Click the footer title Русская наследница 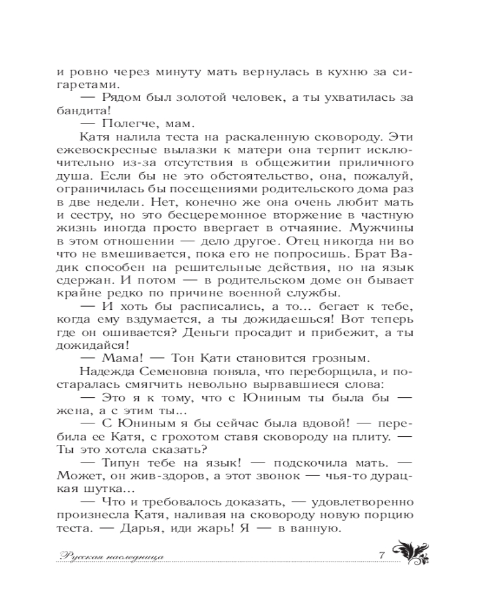[114, 556]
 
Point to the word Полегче [123, 125]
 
